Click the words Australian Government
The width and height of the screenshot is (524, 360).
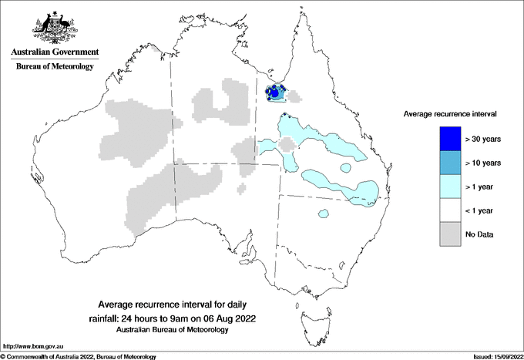pos(55,52)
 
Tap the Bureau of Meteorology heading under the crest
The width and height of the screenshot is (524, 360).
pos(55,66)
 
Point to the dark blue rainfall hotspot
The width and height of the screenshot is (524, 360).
pos(274,93)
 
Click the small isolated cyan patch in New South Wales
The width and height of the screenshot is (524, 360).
pos(324,214)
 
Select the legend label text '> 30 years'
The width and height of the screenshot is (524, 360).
pos(483,139)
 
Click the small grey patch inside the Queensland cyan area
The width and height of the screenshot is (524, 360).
pos(287,144)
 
